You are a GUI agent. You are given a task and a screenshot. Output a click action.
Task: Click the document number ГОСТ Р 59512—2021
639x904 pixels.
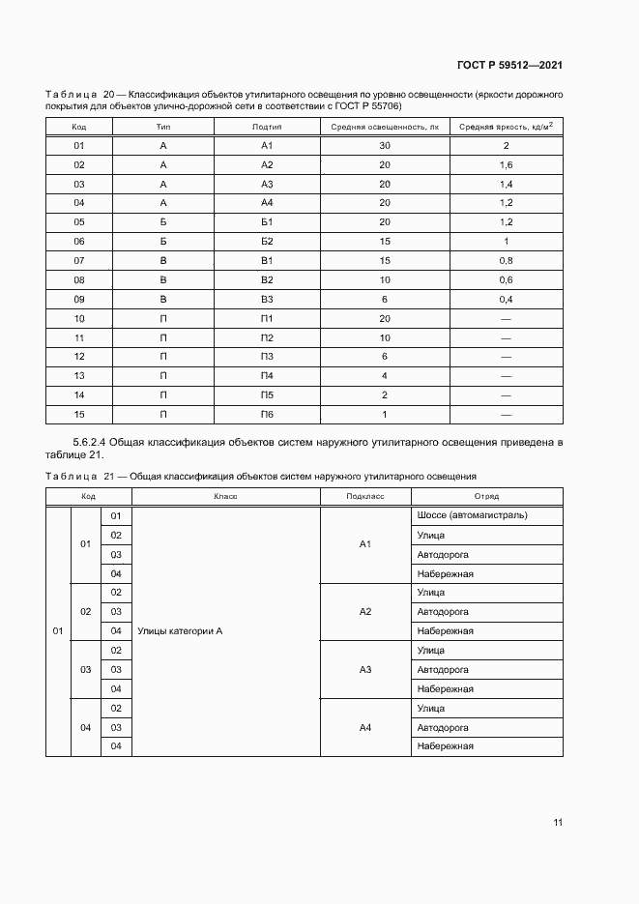click(509, 66)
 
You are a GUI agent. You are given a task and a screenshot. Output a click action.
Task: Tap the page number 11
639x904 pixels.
click(558, 822)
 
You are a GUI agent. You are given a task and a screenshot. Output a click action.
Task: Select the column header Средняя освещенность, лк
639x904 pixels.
click(384, 127)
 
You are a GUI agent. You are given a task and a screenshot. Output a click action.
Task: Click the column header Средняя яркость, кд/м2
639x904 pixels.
click(506, 127)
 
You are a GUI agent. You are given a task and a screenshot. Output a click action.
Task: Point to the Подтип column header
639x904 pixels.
click(268, 127)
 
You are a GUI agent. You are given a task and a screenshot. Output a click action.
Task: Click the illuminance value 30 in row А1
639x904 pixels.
click(384, 146)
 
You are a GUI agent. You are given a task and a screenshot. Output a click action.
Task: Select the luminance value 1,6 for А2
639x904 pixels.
click(506, 165)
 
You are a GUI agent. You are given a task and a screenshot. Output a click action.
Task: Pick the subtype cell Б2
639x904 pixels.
click(268, 241)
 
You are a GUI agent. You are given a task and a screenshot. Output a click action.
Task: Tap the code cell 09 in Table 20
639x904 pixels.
click(79, 299)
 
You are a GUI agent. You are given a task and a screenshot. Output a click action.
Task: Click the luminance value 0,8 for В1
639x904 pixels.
click(506, 260)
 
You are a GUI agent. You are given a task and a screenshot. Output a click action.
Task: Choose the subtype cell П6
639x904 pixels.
click(268, 414)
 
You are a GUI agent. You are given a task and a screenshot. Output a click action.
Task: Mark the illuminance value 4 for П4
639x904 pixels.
click(384, 375)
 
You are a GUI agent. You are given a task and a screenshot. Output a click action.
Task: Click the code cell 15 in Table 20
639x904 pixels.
click(79, 414)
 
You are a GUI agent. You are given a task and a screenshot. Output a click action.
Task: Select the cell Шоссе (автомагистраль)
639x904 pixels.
click(472, 515)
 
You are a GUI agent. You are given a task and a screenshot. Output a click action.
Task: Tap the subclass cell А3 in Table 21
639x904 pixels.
click(365, 669)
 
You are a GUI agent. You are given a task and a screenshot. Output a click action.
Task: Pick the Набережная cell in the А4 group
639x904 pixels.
click(445, 746)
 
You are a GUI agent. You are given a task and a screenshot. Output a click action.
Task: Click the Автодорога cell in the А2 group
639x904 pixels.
click(443, 612)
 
